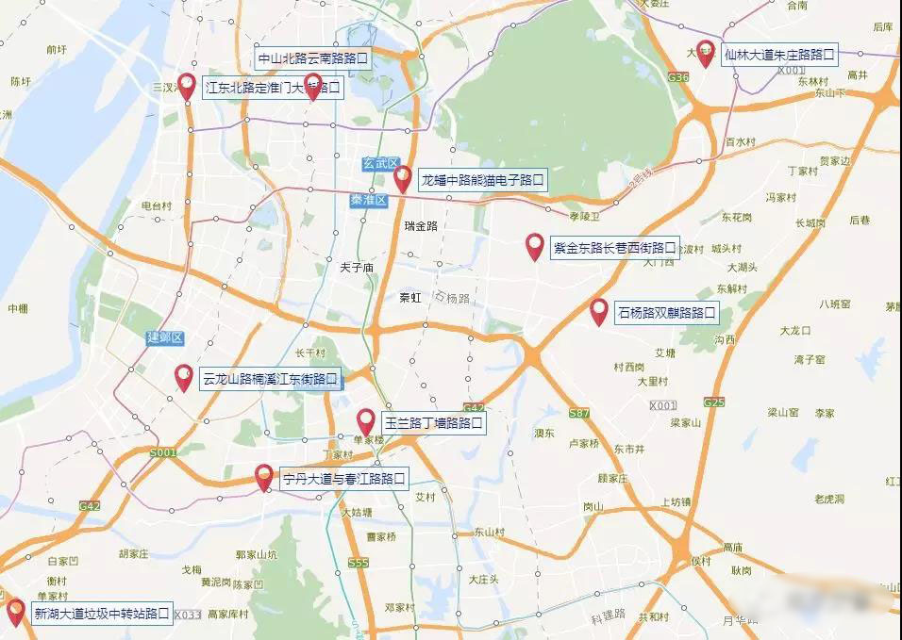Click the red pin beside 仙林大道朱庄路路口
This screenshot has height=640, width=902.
click(x=705, y=53)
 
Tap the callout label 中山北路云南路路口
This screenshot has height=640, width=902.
click(x=312, y=58)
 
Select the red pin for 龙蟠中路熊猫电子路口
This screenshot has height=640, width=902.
click(x=403, y=177)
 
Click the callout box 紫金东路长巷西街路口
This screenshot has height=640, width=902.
click(x=614, y=248)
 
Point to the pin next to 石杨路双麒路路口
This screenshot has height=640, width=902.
click(x=598, y=311)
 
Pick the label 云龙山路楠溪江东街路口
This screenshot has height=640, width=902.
click(x=270, y=380)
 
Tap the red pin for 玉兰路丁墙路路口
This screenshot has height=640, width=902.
click(x=366, y=422)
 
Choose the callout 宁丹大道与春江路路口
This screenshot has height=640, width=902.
click(x=344, y=479)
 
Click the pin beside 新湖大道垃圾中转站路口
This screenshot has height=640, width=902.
click(x=16, y=612)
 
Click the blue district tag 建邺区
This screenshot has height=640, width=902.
click(x=163, y=337)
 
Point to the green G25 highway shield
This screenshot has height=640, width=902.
click(x=713, y=402)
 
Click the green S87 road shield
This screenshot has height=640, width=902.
click(x=579, y=414)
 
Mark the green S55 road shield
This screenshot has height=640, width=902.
click(x=358, y=563)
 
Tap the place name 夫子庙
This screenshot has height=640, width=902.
click(x=357, y=268)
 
